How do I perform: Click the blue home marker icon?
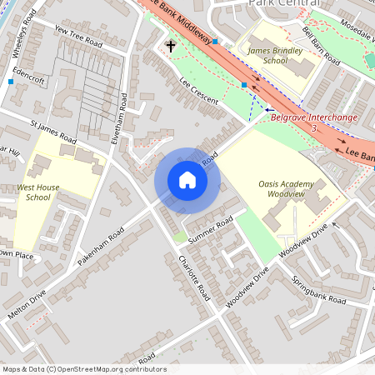click(187, 179)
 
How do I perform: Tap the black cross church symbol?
click(170, 46)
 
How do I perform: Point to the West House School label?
click(38, 192)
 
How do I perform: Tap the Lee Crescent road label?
click(198, 91)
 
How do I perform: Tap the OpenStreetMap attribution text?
click(83, 369)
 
